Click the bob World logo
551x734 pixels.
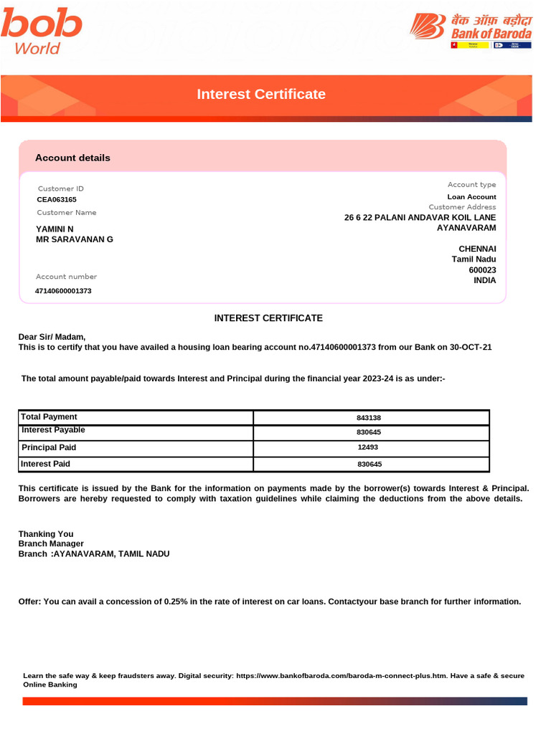coord(41,32)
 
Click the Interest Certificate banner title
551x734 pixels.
coord(261,95)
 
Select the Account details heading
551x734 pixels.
coord(72,158)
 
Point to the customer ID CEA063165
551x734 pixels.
coord(57,200)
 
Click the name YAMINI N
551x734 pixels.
coord(55,229)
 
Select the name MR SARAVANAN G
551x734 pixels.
coord(75,239)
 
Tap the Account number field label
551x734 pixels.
coord(67,277)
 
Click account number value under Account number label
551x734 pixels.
coord(63,291)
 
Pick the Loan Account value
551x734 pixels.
coord(471,196)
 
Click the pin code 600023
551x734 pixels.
coord(482,270)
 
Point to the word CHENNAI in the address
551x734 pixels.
coord(477,249)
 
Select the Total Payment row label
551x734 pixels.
coord(49,417)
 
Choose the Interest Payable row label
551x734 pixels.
coord(53,430)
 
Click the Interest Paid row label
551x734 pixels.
coord(46,464)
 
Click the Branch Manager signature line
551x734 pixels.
coord(51,543)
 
